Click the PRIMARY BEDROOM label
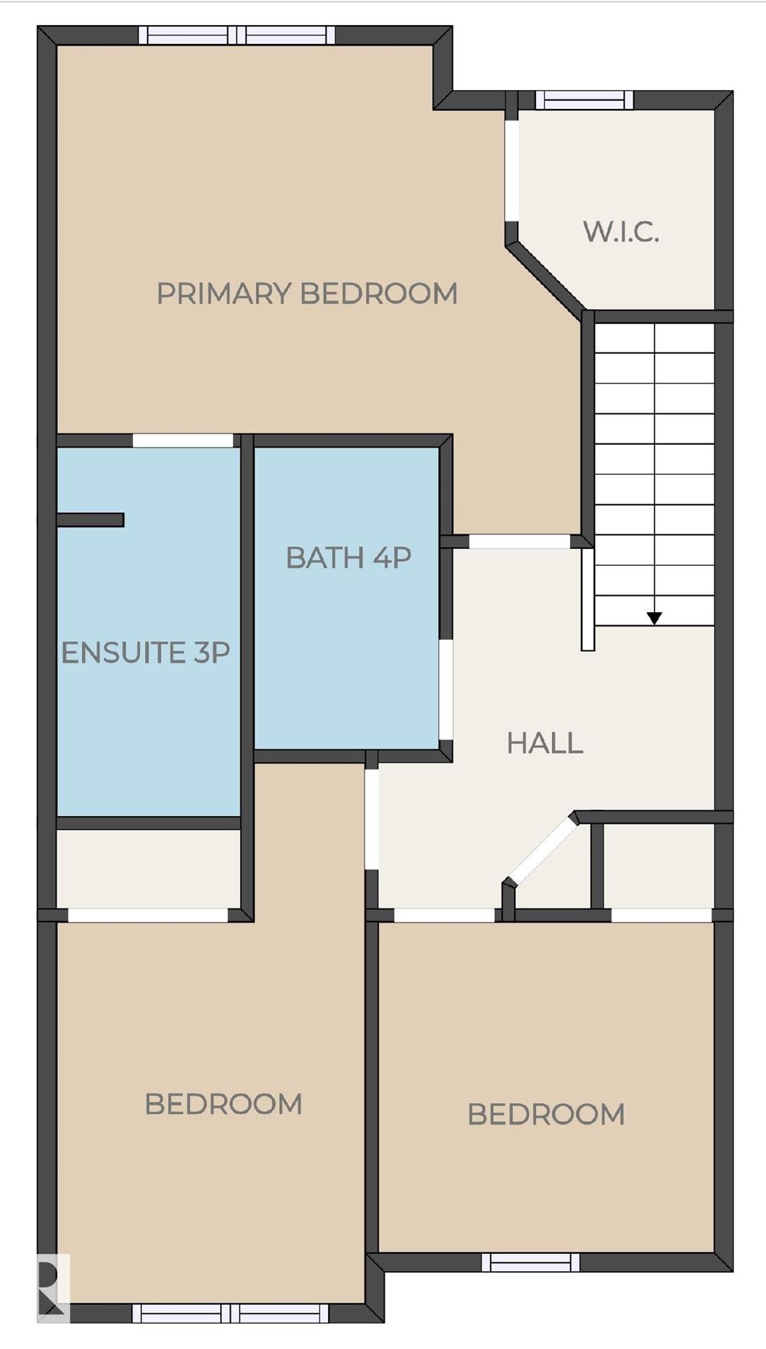(306, 293)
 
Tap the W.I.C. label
(621, 231)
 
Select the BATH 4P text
(348, 557)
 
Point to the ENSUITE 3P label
(146, 652)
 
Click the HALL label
(545, 743)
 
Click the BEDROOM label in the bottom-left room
(223, 1104)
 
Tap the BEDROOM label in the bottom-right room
(546, 1114)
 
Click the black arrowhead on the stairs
(654, 618)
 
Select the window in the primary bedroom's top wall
(236, 35)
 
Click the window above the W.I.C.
(585, 100)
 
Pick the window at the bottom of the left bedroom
(231, 1313)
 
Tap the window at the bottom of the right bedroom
(531, 1262)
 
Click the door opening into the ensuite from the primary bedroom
(183, 441)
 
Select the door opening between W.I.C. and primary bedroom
(512, 172)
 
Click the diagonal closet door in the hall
(541, 851)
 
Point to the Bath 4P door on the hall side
(446, 690)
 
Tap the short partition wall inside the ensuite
(90, 520)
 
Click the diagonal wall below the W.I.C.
(546, 277)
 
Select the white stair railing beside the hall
(588, 600)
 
